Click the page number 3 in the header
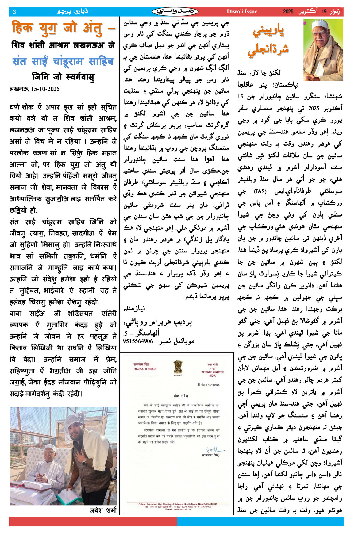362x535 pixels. [14, 12]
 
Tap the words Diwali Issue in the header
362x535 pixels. [242, 12]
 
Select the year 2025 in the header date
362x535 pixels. [288, 12]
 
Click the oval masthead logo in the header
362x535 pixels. [175, 12]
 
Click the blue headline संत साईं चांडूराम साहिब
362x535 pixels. [63, 61]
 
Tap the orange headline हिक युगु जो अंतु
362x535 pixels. [63, 28]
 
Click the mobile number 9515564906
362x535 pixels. [138, 341]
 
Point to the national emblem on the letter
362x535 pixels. [178, 367]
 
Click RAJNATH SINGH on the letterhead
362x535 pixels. [145, 369]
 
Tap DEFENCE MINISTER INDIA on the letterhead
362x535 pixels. [212, 374]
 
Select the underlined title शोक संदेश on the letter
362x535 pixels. [180, 396]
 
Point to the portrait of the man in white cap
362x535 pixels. [323, 50]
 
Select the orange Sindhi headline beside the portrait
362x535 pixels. [268, 40]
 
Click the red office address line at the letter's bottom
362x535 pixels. [178, 504]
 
